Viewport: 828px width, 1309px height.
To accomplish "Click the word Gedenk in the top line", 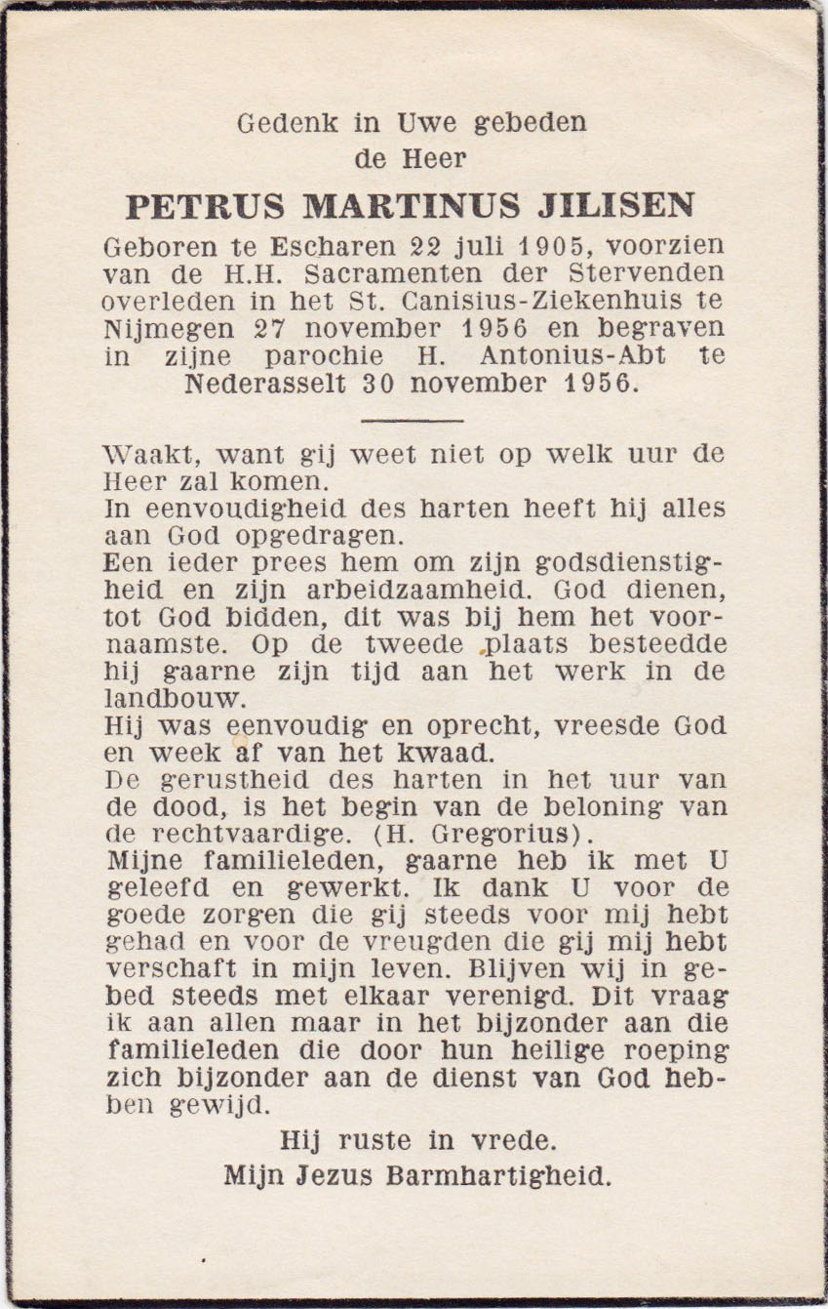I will [x=274, y=123].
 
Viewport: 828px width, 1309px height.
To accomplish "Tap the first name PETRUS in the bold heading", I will [x=206, y=206].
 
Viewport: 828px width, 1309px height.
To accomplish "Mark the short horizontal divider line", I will [x=412, y=421].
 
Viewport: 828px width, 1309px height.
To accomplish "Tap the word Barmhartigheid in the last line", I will [x=499, y=1175].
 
